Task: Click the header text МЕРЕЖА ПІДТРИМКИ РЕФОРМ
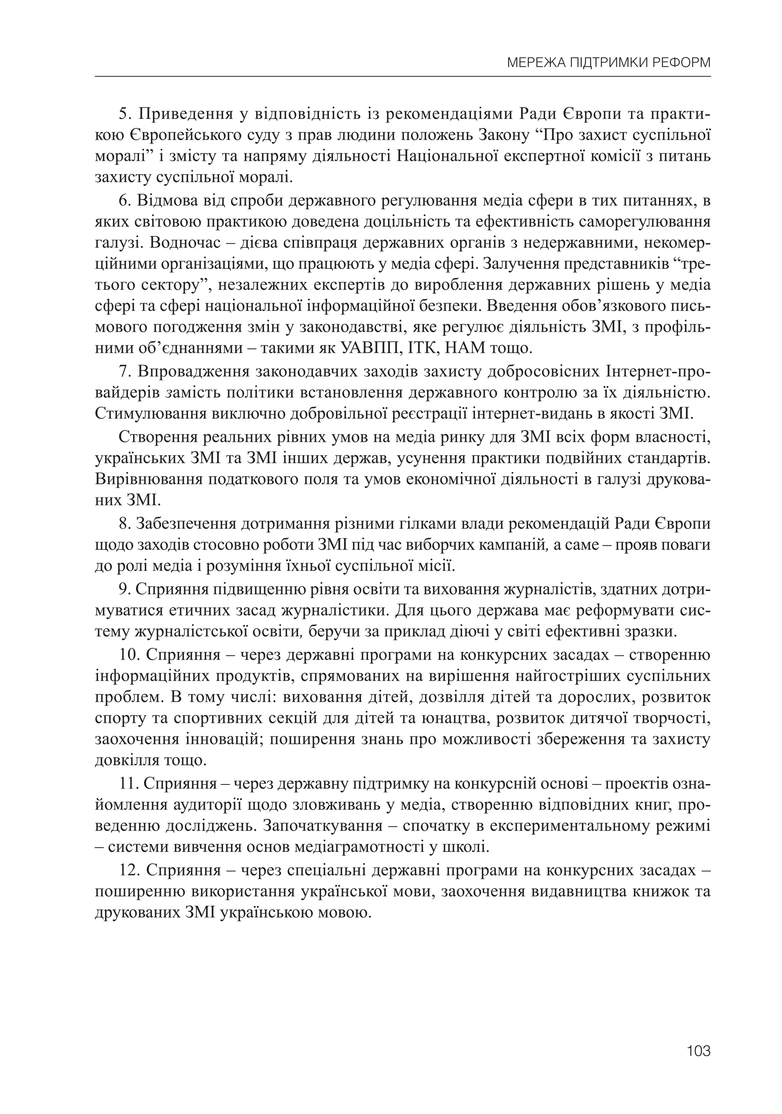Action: click(608, 63)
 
